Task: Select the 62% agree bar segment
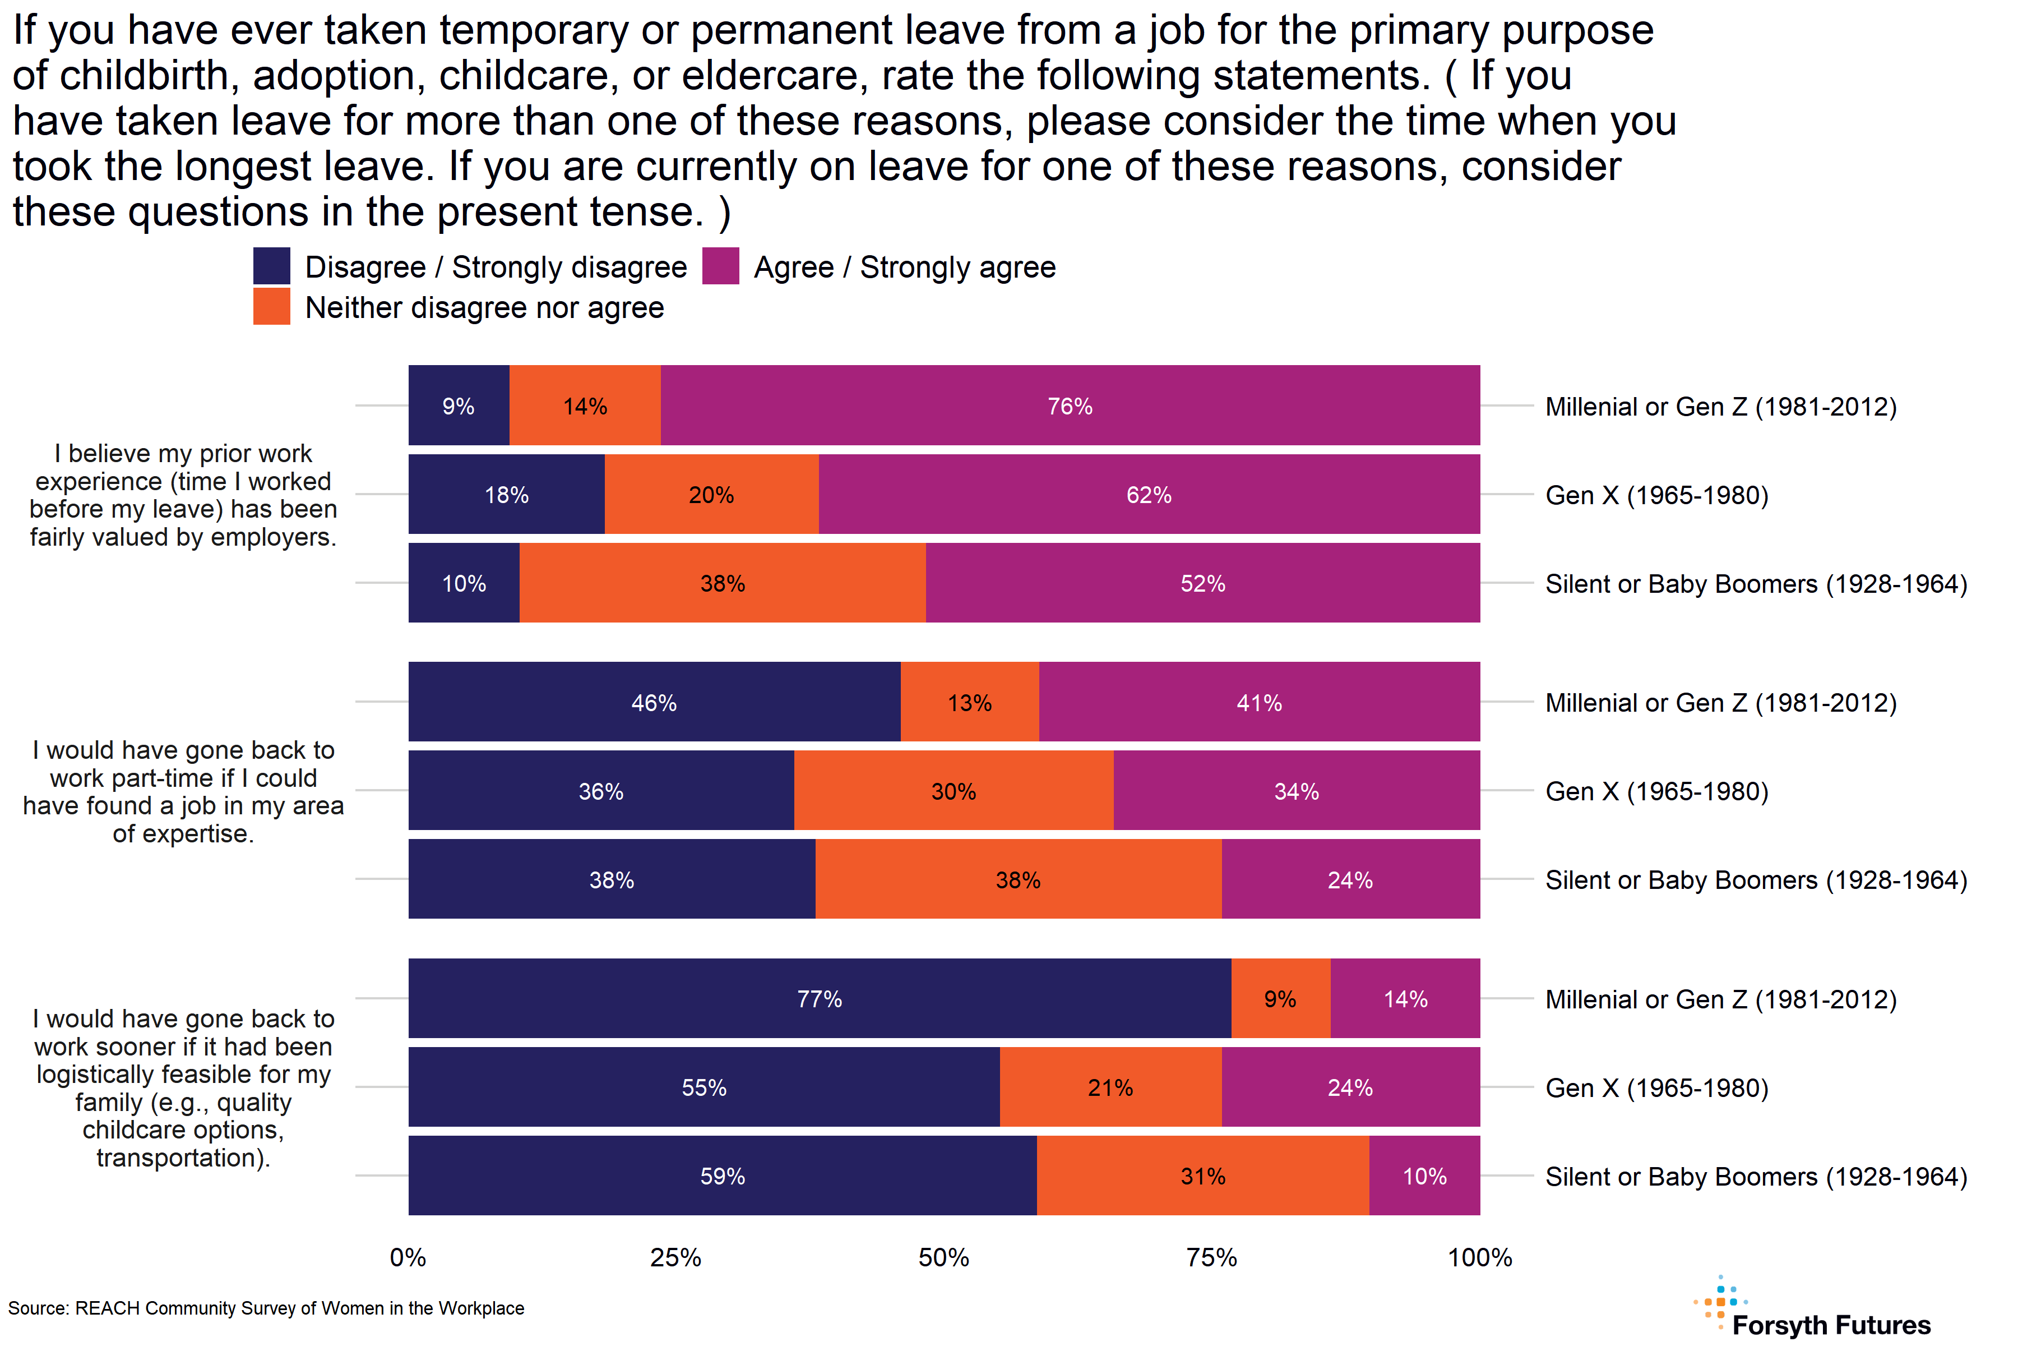[x=1149, y=495]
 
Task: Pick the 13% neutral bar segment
[x=970, y=702]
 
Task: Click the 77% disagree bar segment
[x=820, y=998]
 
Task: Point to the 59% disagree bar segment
[x=723, y=1175]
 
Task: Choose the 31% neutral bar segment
[x=1203, y=1175]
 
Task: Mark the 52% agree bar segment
[x=1203, y=583]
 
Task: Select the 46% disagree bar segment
[x=654, y=702]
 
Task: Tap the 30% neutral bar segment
[x=954, y=791]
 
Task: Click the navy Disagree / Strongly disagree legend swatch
[x=271, y=266]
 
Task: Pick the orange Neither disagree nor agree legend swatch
[x=271, y=306]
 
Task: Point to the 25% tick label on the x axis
[x=675, y=1257]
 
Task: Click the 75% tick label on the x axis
[x=1211, y=1257]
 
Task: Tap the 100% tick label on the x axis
[x=1479, y=1257]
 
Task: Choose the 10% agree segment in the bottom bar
[x=1424, y=1175]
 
